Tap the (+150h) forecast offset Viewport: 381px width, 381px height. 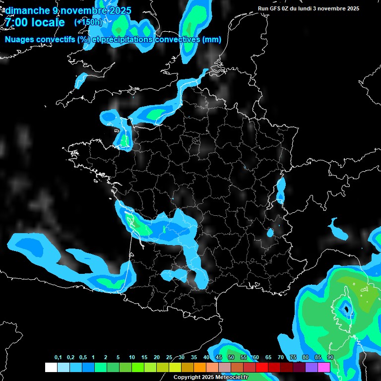click(88, 22)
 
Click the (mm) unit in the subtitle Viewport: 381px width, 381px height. click(211, 40)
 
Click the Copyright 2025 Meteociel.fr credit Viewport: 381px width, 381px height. click(210, 378)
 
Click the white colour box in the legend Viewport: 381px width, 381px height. click(51, 367)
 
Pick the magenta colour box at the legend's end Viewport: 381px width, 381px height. click(324, 367)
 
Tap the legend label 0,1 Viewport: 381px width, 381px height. click(58, 358)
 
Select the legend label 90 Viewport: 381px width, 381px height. click(330, 358)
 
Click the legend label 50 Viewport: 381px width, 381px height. click(231, 358)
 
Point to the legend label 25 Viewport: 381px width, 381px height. click(169, 358)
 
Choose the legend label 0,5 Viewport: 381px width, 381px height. click(82, 358)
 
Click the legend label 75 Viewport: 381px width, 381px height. click(293, 358)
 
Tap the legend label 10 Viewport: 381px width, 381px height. click(132, 358)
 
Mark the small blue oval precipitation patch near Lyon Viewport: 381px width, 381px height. click(270, 232)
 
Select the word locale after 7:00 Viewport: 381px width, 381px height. click(47, 22)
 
